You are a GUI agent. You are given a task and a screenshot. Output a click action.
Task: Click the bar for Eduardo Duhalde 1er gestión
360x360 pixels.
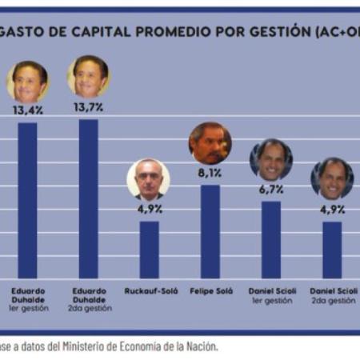point(27,200)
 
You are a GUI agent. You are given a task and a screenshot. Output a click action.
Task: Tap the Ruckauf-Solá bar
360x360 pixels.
point(149,249)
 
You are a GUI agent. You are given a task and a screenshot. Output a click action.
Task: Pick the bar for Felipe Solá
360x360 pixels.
point(210,231)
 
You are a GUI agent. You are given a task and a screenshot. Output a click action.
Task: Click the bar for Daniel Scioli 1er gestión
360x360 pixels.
point(270,239)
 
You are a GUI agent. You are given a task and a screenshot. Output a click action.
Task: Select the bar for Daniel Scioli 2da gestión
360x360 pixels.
point(331,249)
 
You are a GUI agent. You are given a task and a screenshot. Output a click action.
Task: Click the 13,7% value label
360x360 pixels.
point(88,106)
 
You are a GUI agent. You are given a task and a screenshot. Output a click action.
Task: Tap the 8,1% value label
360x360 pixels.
point(210,173)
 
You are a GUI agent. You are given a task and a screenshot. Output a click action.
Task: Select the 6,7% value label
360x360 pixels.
point(270,189)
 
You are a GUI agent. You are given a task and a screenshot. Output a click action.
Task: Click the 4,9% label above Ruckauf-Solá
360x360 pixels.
point(149,209)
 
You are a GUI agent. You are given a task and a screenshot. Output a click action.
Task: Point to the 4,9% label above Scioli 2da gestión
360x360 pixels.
point(331,209)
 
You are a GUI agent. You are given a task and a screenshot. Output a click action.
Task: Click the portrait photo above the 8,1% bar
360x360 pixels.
point(210,143)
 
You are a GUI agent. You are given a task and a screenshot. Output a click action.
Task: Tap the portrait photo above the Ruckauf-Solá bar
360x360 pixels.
point(149,179)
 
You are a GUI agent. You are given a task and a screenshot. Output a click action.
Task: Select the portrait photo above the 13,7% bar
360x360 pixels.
point(88,77)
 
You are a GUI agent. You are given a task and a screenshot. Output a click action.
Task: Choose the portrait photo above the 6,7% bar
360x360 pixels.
point(270,159)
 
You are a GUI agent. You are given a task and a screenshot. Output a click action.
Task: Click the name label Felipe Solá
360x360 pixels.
point(210,290)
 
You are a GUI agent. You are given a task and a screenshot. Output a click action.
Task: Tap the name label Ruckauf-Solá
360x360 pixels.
point(149,290)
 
